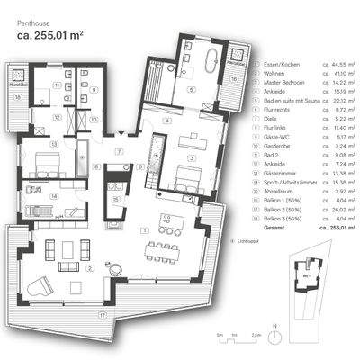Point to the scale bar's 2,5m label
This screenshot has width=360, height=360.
click(x=257, y=335)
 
